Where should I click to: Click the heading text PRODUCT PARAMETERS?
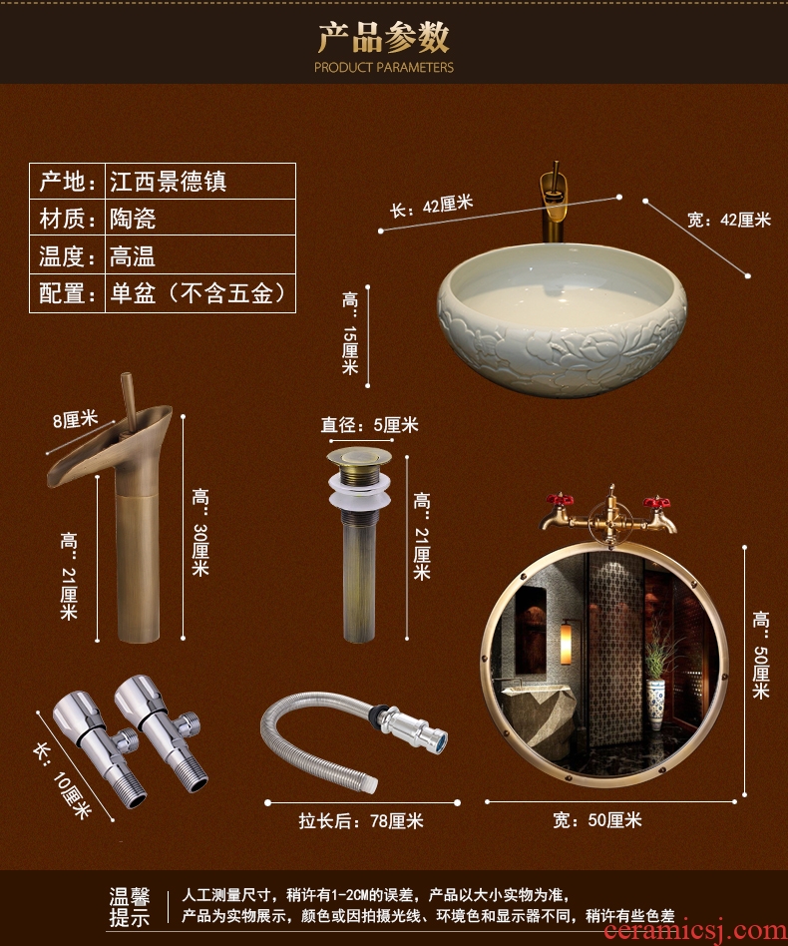pyautogui.click(x=383, y=67)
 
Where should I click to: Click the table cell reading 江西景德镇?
pyautogui.click(x=169, y=182)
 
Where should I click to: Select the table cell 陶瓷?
pyautogui.click(x=133, y=219)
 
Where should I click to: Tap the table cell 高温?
pyautogui.click(x=133, y=255)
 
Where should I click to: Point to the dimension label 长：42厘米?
pyautogui.click(x=431, y=207)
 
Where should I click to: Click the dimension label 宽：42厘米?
pyautogui.click(x=729, y=220)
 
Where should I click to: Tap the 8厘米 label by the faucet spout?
pyautogui.click(x=75, y=419)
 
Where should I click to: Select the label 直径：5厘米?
pyautogui.click(x=369, y=425)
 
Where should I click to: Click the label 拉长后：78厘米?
pyautogui.click(x=361, y=820)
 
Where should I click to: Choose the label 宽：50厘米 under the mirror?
pyautogui.click(x=596, y=820)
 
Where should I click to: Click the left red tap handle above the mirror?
pyautogui.click(x=559, y=501)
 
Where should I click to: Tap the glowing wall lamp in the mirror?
pyautogui.click(x=566, y=645)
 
